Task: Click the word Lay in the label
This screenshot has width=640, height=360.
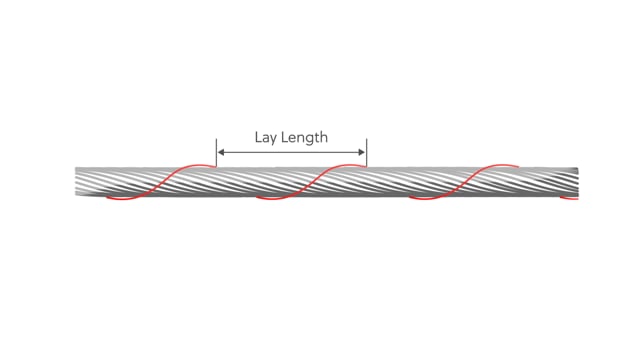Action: (x=264, y=138)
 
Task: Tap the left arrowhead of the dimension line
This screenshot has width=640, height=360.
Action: (x=221, y=152)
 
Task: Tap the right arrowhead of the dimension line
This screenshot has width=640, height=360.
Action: (x=362, y=152)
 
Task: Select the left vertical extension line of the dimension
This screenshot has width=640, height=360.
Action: (x=216, y=153)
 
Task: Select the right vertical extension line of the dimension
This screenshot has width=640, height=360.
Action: (x=367, y=153)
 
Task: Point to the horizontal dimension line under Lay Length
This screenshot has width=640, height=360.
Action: (x=291, y=152)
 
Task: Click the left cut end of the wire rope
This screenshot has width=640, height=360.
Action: (x=76, y=181)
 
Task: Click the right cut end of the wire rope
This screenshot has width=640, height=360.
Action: (x=577, y=182)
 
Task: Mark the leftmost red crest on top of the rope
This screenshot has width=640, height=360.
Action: (x=196, y=165)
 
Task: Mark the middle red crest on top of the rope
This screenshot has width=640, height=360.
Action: (x=347, y=165)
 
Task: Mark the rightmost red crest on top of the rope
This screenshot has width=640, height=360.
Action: (x=500, y=165)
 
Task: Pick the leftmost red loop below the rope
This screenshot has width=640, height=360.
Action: (x=122, y=199)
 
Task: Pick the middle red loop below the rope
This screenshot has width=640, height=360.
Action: (x=271, y=199)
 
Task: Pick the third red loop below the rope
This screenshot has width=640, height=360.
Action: (x=425, y=199)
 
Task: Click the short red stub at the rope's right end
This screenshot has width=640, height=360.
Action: (x=569, y=198)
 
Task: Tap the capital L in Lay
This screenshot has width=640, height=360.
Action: (x=258, y=137)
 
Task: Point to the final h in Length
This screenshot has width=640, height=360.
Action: (x=324, y=137)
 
